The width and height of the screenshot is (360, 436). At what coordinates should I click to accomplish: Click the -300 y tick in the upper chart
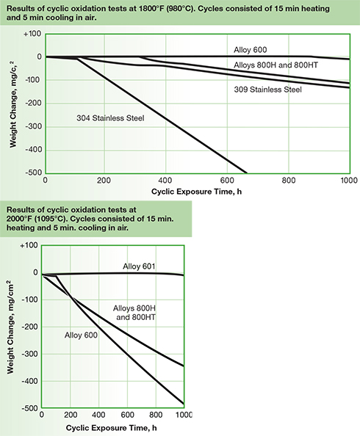[x=32, y=126]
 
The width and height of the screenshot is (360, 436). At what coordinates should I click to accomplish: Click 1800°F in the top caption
[x=162, y=7]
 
